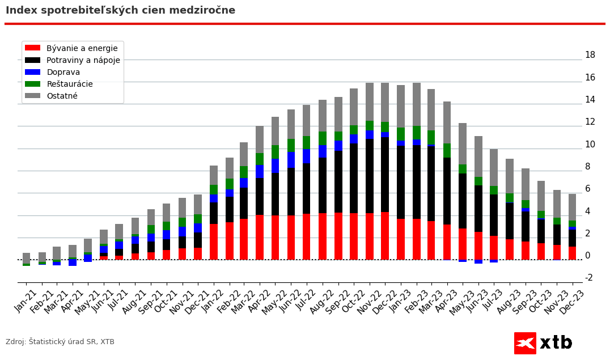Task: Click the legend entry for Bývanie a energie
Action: click(82, 48)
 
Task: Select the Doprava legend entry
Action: click(63, 72)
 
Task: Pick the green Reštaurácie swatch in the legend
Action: click(32, 84)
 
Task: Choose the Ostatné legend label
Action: click(62, 96)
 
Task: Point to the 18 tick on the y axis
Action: click(590, 55)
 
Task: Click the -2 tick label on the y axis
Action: click(588, 277)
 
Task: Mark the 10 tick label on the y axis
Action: click(590, 144)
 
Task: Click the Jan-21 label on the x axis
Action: click(26, 301)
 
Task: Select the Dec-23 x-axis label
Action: click(574, 301)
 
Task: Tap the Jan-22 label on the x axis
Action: click(213, 301)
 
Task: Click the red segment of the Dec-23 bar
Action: click(573, 253)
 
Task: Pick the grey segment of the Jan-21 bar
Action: click(27, 258)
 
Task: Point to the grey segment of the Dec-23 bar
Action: click(573, 207)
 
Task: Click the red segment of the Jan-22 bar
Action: click(214, 242)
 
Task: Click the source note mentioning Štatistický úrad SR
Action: click(60, 342)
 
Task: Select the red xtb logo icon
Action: click(525, 343)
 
